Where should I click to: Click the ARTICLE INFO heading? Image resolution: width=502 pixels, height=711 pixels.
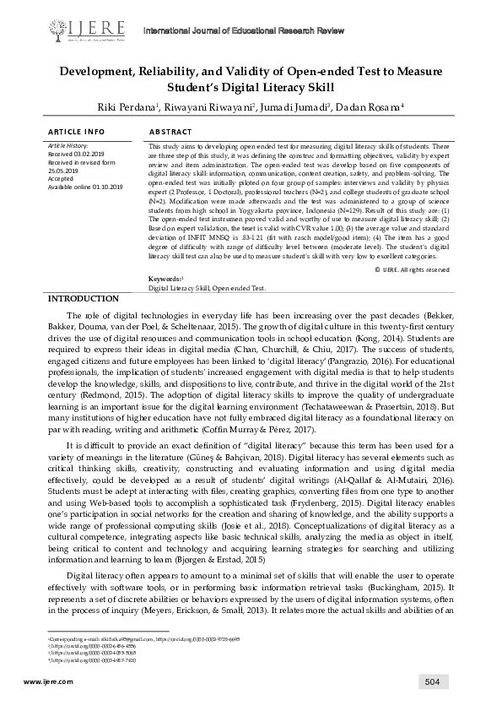[77, 133]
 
